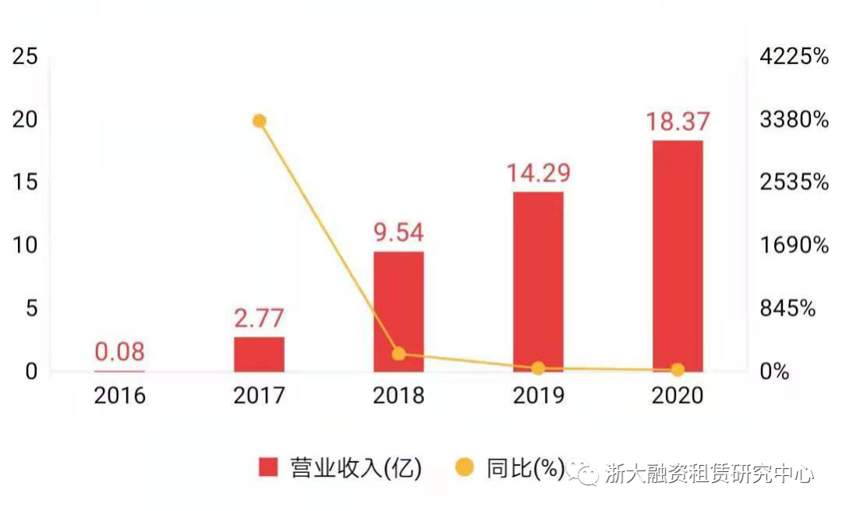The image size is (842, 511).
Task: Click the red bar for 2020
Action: [677, 256]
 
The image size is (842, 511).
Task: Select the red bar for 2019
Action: [538, 281]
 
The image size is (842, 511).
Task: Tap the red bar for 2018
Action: [398, 311]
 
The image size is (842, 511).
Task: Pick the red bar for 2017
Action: [259, 354]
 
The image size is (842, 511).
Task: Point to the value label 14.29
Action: [538, 173]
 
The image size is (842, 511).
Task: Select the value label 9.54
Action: [398, 233]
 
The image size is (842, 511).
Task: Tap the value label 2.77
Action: [259, 318]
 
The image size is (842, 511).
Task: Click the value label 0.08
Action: [119, 352]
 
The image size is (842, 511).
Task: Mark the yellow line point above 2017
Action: [260, 121]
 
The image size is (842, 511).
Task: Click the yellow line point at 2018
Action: [398, 354]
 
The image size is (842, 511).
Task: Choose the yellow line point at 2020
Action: [677, 370]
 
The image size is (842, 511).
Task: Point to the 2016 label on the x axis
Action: [119, 396]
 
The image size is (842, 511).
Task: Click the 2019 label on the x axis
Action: [538, 396]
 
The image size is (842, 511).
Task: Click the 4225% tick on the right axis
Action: [794, 56]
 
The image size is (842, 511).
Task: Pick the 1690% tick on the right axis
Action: [794, 245]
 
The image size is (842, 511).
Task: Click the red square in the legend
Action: [268, 468]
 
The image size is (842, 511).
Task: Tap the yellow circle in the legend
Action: [465, 468]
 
